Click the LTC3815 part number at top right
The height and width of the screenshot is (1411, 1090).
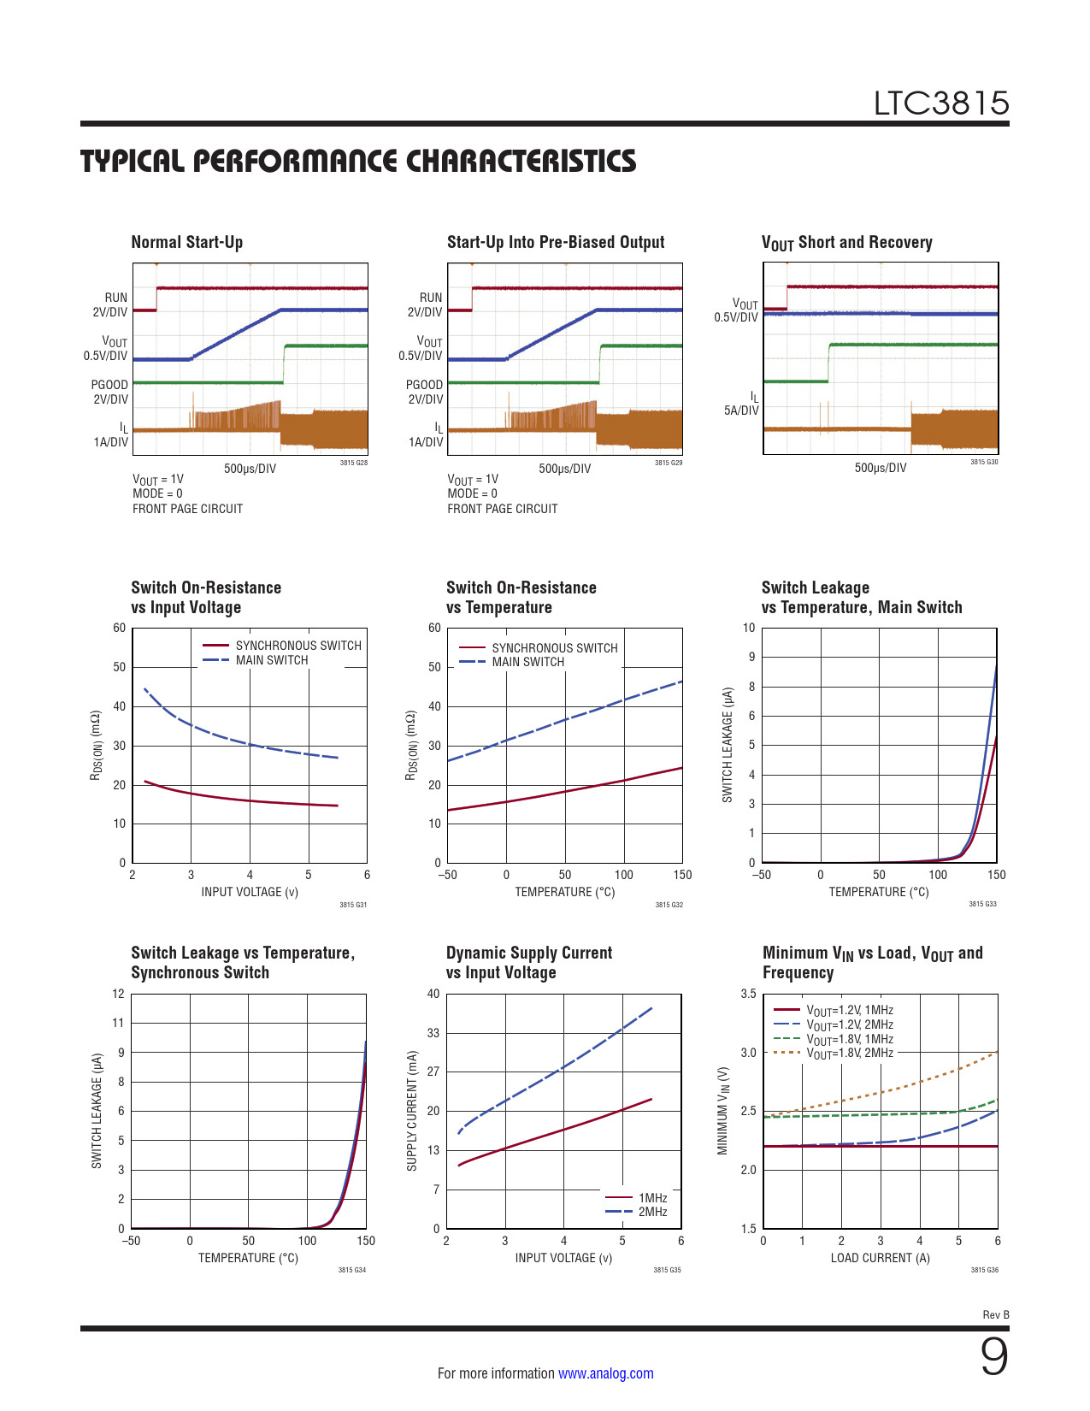tap(941, 103)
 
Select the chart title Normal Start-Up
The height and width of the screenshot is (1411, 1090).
tap(186, 242)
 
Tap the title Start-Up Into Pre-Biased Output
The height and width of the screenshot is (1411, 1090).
tap(556, 242)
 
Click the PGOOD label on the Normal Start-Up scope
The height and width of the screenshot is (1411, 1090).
tap(109, 385)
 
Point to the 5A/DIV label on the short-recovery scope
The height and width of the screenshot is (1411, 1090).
tap(741, 410)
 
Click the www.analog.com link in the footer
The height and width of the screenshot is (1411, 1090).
tap(605, 1373)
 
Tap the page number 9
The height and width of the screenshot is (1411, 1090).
tap(993, 1357)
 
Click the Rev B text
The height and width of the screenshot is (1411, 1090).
tap(996, 1315)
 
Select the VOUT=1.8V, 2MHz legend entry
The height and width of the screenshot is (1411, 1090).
tap(850, 1053)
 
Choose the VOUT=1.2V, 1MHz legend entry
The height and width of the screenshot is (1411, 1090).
tap(850, 1010)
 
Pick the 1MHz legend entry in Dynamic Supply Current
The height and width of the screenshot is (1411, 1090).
tap(652, 1198)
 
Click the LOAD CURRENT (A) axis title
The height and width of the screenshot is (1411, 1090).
tap(880, 1258)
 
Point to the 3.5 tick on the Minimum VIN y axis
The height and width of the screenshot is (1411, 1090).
tap(748, 994)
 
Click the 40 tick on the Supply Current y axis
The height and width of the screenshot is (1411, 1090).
tap(433, 994)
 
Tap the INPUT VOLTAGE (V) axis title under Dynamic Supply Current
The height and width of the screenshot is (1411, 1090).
tap(563, 1258)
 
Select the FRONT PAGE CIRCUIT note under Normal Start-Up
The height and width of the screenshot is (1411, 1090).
tap(187, 509)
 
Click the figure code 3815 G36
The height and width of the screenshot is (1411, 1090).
tap(984, 1270)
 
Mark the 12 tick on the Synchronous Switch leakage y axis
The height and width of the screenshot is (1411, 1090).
tap(118, 994)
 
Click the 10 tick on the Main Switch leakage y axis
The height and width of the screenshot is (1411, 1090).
tap(749, 628)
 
